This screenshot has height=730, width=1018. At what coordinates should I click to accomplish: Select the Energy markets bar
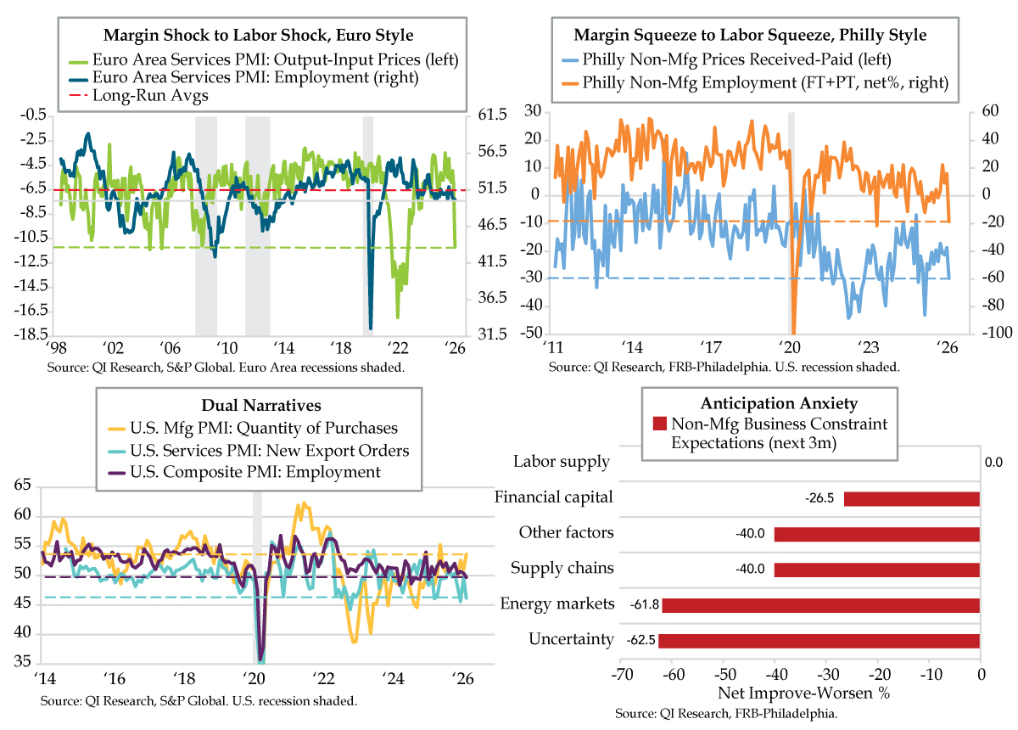tap(820, 605)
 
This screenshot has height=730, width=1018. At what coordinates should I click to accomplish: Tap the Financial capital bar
tap(911, 498)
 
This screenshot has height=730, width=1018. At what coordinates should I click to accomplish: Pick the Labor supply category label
tap(562, 462)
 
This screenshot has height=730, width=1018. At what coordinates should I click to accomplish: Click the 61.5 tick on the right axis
tap(492, 114)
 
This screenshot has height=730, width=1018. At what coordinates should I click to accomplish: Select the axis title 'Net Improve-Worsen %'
tap(803, 693)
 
